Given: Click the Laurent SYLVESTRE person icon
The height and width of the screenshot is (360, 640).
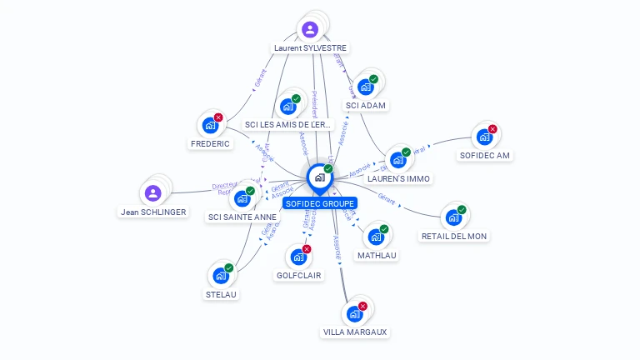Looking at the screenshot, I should tap(310, 30).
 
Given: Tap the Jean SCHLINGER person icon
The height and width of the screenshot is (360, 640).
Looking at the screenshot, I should tap(152, 193).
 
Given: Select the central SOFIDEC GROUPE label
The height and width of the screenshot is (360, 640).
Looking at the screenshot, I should tap(320, 203).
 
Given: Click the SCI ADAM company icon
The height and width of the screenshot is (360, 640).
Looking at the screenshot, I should tap(365, 87).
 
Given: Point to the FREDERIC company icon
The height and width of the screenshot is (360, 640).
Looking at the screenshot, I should tap(210, 126).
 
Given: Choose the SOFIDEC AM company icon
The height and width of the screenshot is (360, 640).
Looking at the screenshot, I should tap(484, 137).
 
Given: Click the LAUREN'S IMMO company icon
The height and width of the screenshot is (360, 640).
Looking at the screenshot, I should tap(397, 160).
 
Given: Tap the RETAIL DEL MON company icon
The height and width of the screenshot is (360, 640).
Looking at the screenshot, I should tap(453, 217).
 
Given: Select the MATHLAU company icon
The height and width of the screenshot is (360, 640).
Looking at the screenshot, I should tap(376, 237).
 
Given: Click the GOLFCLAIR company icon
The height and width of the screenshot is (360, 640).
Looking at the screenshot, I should tap(298, 257).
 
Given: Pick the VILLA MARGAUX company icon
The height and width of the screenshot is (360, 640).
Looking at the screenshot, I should tap(354, 314).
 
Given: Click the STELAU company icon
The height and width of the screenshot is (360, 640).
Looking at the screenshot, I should tap(221, 276).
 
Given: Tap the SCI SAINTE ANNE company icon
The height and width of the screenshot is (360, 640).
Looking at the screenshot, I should tap(242, 198).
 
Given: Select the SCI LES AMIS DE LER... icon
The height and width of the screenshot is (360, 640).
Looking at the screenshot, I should tap(287, 107).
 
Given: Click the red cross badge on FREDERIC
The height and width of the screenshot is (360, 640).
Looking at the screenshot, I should tap(218, 117).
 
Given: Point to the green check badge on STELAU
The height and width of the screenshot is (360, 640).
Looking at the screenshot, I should tap(229, 267).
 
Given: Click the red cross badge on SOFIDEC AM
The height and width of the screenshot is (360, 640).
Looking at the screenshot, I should tap(492, 129).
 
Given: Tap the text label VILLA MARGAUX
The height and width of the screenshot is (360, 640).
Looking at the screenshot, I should tap(355, 332).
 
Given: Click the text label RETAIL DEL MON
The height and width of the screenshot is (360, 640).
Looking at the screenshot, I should tap(454, 236).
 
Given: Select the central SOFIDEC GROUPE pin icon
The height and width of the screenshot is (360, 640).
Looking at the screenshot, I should tap(319, 177).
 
